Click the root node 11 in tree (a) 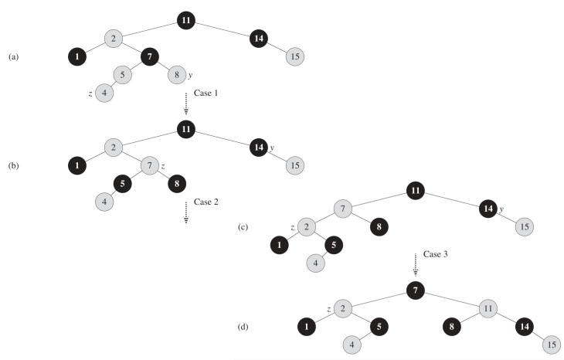point(185,20)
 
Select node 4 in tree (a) point(104,93)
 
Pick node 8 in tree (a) point(177,75)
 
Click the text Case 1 point(206,93)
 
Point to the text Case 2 point(206,202)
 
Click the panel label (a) point(13,56)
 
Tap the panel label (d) point(246,326)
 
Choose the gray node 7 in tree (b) point(149,165)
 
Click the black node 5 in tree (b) point(123,184)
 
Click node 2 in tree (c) point(307,227)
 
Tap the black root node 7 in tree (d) point(415,290)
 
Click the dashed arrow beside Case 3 point(415,263)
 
